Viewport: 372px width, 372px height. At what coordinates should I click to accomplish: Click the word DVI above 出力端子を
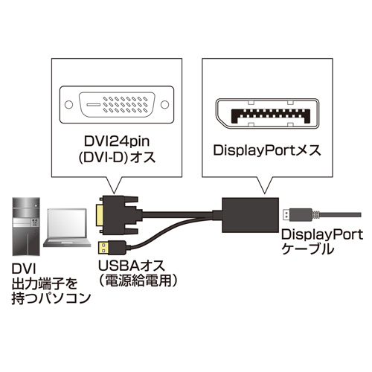coord(24,269)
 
